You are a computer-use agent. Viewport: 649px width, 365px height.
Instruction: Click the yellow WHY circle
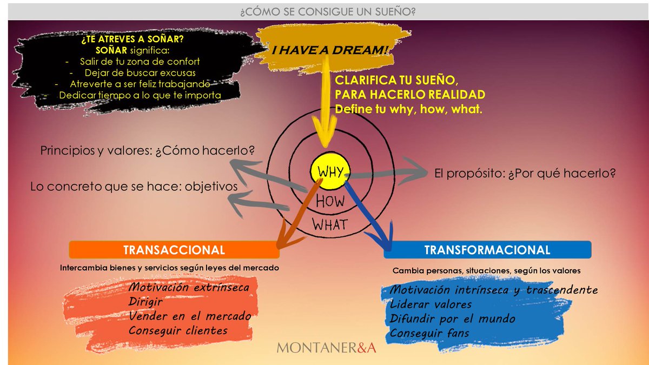click(330, 171)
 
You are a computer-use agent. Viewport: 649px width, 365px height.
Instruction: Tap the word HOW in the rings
click(330, 201)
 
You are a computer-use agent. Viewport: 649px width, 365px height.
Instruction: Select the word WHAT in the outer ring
click(330, 225)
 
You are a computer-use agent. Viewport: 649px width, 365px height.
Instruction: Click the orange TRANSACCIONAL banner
click(174, 250)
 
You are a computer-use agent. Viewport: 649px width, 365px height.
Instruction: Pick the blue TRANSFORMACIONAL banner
click(487, 250)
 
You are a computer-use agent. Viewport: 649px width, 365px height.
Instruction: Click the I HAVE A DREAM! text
click(330, 50)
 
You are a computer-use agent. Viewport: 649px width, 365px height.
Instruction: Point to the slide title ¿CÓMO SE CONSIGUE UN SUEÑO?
click(328, 12)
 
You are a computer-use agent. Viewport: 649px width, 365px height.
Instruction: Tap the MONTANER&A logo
click(327, 348)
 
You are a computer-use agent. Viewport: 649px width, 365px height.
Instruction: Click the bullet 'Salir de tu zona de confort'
click(140, 62)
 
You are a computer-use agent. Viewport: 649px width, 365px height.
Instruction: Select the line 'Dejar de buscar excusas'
click(140, 72)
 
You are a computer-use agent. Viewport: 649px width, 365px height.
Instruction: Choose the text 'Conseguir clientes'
click(178, 330)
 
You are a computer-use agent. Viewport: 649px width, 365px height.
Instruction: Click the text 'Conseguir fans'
click(429, 333)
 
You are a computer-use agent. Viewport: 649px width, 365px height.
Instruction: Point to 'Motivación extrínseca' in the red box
click(189, 287)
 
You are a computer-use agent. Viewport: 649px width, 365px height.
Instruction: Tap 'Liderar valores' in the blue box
click(431, 304)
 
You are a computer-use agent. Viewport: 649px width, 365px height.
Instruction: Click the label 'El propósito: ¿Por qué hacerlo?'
click(525, 173)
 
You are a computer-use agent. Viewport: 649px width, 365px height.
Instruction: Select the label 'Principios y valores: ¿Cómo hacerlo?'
click(147, 150)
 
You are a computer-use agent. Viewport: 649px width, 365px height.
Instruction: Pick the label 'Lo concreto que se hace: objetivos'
click(134, 186)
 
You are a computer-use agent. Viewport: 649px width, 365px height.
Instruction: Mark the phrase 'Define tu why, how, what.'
click(408, 109)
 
